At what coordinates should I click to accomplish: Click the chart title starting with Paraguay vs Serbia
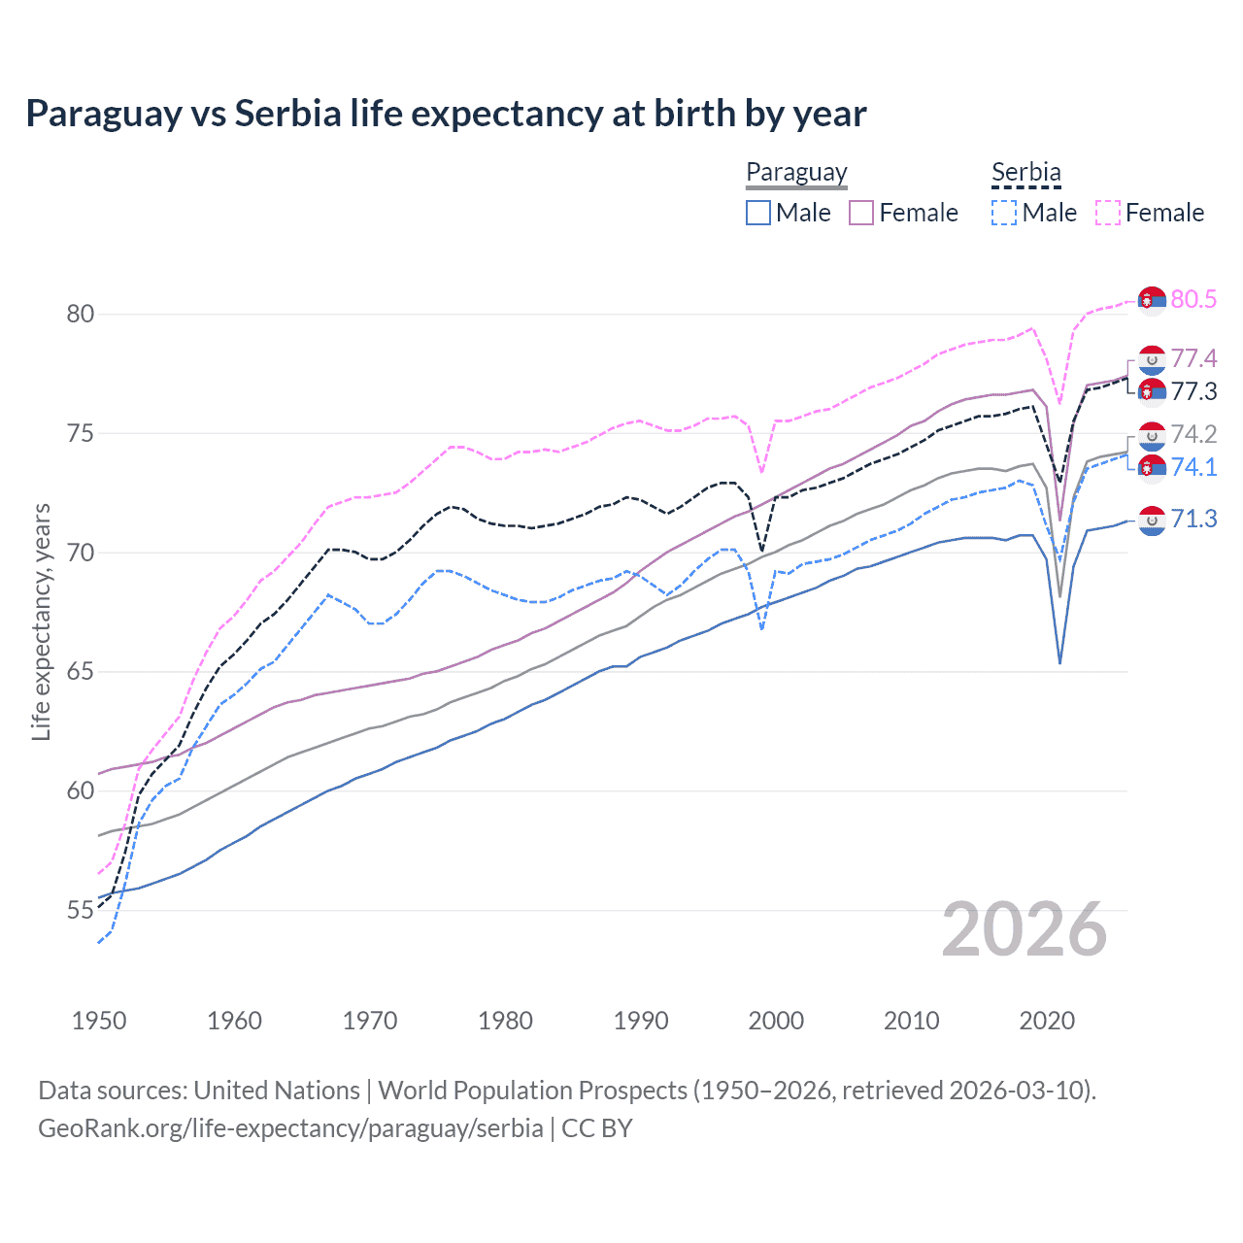446,114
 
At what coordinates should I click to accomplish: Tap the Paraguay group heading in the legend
796,172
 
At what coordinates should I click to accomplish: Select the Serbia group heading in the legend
1025,172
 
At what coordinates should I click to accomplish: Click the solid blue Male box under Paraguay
758,213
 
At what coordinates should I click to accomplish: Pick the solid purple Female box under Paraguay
861,213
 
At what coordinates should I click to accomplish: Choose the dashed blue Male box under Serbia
1004,213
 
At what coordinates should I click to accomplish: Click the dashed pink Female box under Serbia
1108,213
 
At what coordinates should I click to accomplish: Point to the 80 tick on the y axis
81,314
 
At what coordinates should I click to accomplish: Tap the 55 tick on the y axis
81,911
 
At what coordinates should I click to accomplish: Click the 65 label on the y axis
81,672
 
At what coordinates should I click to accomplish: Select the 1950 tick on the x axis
99,1021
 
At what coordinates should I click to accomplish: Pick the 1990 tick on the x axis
641,1021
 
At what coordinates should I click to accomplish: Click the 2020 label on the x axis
1047,1021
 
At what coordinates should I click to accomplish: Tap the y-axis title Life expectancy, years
41,621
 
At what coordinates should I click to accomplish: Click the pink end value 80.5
1193,299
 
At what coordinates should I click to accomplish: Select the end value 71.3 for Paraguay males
1193,520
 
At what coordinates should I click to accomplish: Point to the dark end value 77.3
1193,391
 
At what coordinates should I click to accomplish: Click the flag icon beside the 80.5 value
1152,300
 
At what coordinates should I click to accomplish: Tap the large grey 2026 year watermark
1025,929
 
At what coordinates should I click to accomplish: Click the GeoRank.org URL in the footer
290,1128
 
